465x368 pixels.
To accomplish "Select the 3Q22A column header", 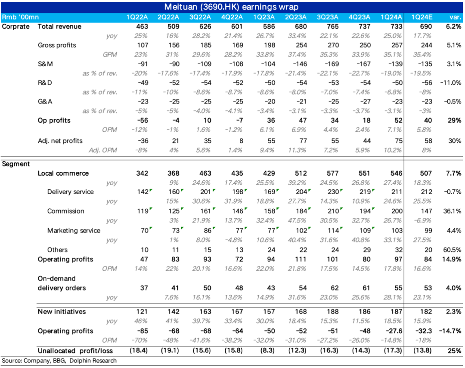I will [x=200, y=17].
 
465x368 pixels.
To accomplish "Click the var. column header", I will [x=454, y=17].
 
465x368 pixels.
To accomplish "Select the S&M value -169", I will [x=332, y=64].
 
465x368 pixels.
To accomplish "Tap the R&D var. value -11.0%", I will [x=450, y=83].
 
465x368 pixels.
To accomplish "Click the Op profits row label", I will [x=53, y=121].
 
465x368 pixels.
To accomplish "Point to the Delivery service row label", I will [x=70, y=192].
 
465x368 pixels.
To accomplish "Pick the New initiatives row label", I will [x=62, y=311].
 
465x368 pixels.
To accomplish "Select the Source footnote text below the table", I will [x=59, y=361].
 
